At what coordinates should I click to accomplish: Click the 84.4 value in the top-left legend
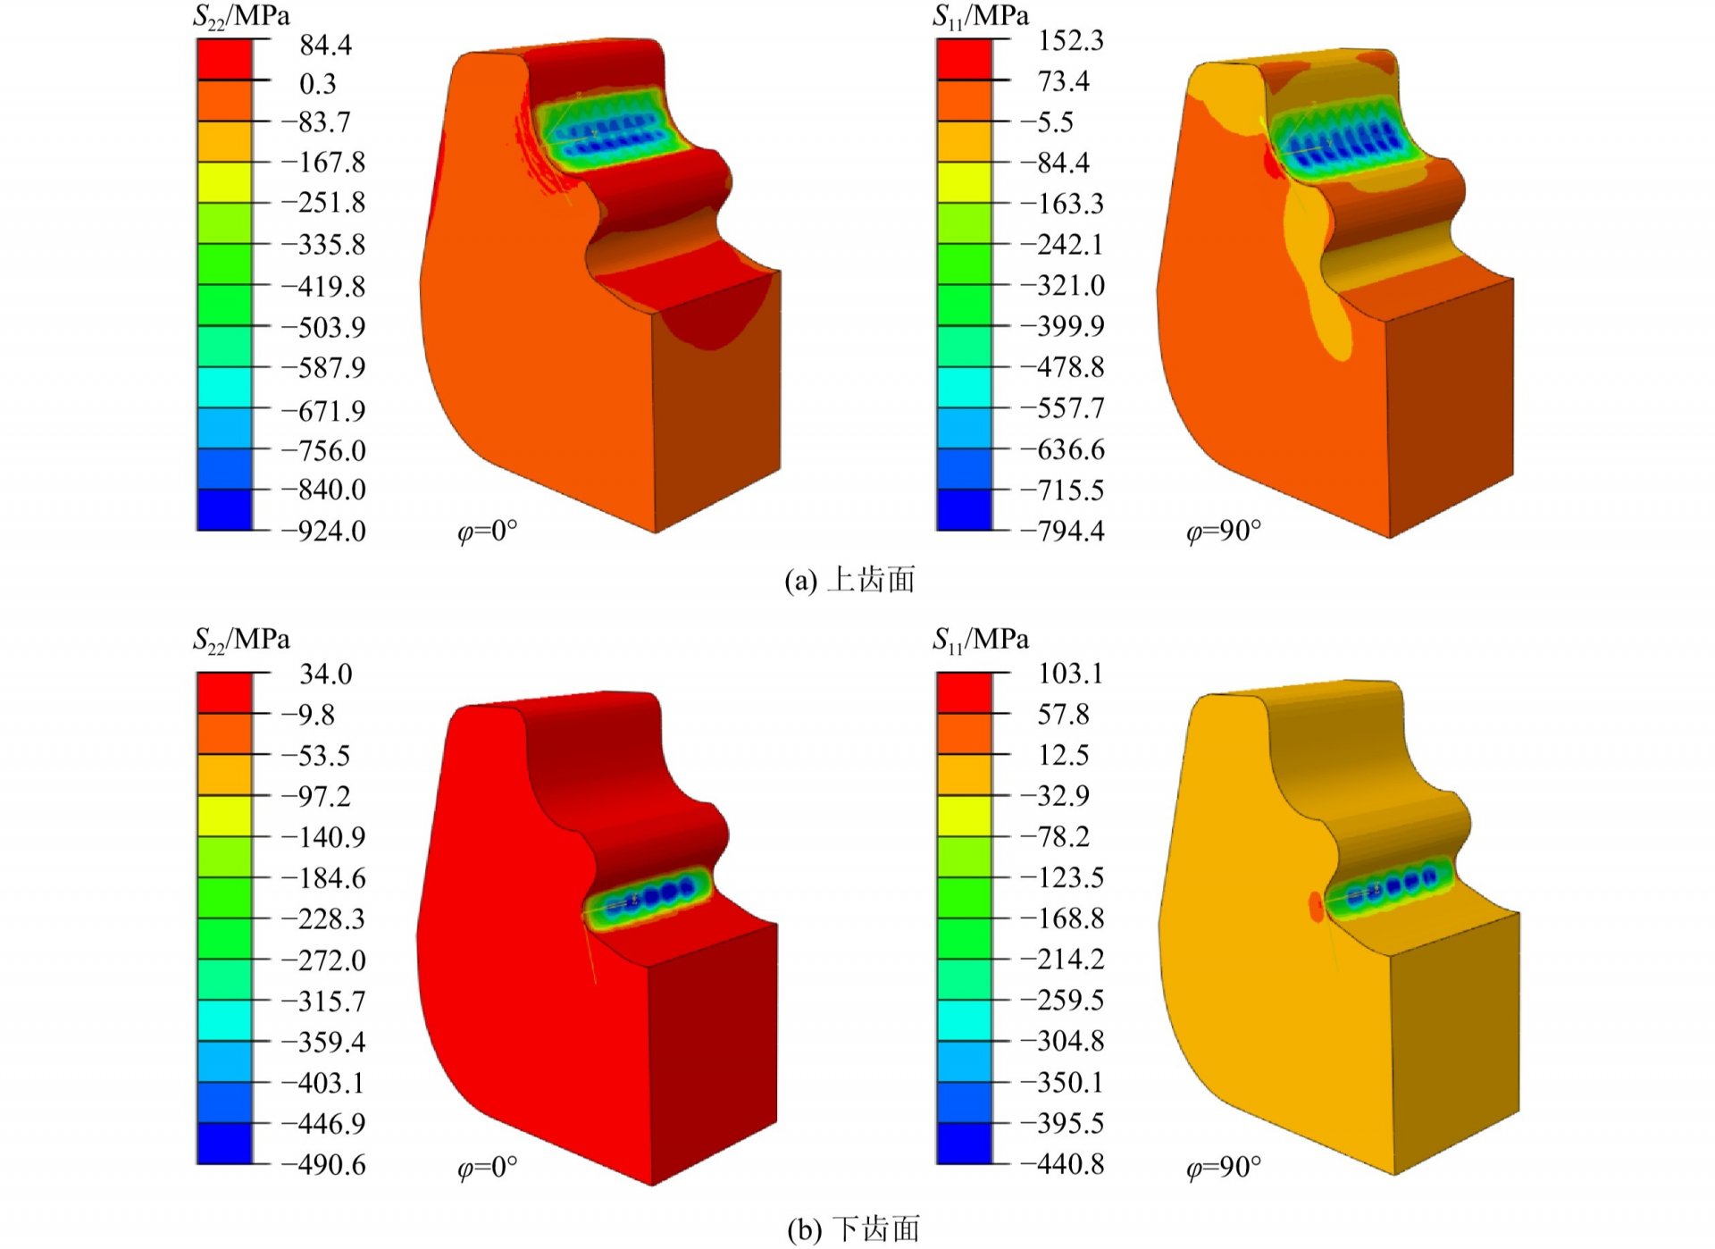[325, 45]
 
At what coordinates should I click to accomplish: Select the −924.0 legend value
[323, 531]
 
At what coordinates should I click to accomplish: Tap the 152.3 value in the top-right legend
[1070, 40]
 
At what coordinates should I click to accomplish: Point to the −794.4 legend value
[1062, 531]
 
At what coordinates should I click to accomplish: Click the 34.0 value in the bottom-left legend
[325, 674]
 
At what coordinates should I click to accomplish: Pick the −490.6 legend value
[323, 1164]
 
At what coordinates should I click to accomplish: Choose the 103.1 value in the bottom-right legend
[1070, 673]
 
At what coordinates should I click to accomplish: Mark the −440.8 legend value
[1062, 1163]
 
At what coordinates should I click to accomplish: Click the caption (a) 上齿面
[849, 580]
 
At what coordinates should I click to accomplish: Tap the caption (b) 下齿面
[853, 1229]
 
